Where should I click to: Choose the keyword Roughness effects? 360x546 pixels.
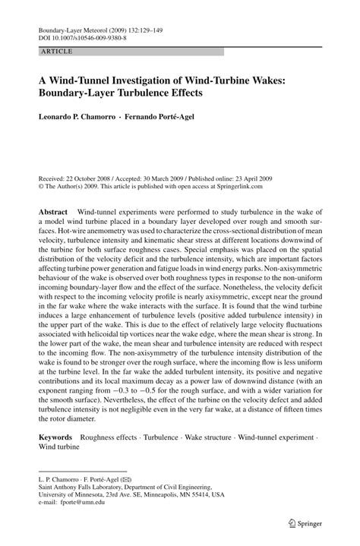112,438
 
